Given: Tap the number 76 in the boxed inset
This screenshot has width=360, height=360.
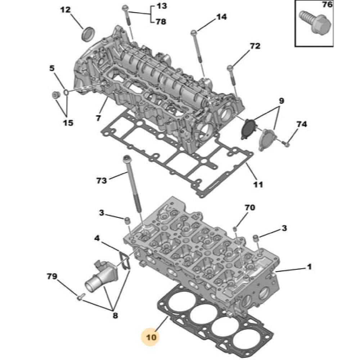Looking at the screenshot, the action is pyautogui.click(x=327, y=5).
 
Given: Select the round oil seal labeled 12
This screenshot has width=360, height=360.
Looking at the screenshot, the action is pyautogui.click(x=88, y=34).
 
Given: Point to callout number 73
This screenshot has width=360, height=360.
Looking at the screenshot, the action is pyautogui.click(x=102, y=180).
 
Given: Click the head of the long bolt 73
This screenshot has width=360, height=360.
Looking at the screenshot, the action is pyautogui.click(x=127, y=159).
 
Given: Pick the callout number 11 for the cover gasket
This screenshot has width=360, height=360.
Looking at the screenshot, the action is pyautogui.click(x=258, y=184).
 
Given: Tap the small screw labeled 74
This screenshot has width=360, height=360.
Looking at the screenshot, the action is pyautogui.click(x=287, y=144).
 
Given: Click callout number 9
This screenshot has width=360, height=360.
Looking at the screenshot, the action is pyautogui.click(x=281, y=101).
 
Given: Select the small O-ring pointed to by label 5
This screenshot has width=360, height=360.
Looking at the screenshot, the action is pyautogui.click(x=66, y=92).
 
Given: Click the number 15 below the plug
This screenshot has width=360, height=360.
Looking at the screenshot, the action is pyautogui.click(x=68, y=123).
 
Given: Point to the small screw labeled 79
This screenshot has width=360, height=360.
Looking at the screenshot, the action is pyautogui.click(x=81, y=297).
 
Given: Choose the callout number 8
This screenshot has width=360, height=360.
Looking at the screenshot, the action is pyautogui.click(x=115, y=315).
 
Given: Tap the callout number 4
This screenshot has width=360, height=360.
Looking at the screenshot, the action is pyautogui.click(x=97, y=238).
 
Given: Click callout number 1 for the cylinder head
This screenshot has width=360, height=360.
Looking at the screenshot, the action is pyautogui.click(x=309, y=267).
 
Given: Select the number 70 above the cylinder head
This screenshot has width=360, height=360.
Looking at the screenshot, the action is pyautogui.click(x=250, y=208).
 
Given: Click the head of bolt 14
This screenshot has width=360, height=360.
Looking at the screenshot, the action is pyautogui.click(x=194, y=33).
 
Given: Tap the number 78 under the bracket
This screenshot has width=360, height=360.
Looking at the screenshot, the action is pyautogui.click(x=161, y=22).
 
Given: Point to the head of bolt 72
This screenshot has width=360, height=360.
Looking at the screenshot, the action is pyautogui.click(x=230, y=68).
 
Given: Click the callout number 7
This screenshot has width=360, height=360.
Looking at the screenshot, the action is pyautogui.click(x=98, y=118).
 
